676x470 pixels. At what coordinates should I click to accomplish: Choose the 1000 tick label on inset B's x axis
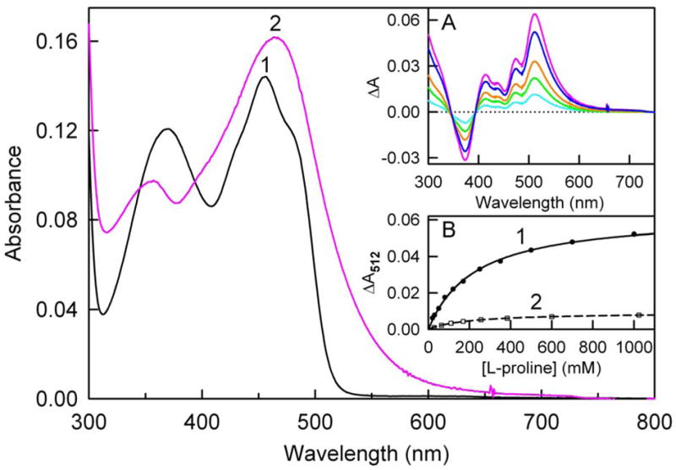click(x=634, y=348)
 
